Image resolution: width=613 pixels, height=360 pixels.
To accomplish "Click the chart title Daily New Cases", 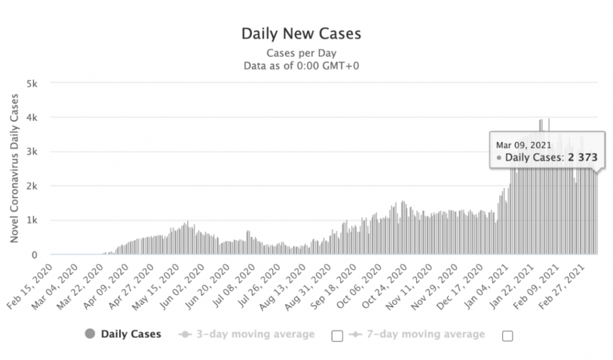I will [x=301, y=33].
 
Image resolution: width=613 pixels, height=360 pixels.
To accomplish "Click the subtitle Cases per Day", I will [x=301, y=53].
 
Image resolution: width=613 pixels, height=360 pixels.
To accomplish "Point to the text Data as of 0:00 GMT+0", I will [x=301, y=65].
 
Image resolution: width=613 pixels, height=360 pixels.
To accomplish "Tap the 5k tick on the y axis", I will [x=32, y=83].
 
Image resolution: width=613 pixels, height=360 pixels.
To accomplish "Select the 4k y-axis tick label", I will [x=32, y=117].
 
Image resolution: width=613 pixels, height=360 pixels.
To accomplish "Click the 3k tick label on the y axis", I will [x=32, y=152].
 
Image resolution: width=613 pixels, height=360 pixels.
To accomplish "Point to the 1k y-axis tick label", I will [x=32, y=220].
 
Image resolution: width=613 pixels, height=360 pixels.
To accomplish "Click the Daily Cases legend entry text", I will [x=131, y=334].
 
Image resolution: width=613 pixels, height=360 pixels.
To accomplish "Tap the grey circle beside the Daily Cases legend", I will [x=90, y=334].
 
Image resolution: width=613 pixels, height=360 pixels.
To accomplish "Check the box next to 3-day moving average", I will [x=337, y=336].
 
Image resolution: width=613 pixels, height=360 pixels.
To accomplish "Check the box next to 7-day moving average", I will [x=508, y=336].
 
